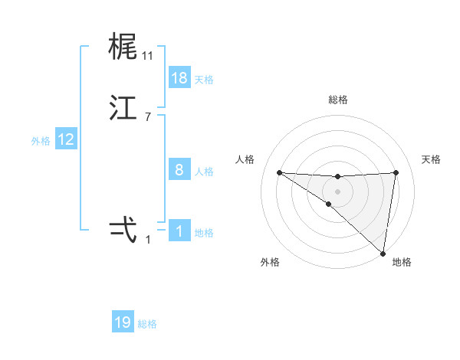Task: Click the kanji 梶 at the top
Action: point(123,47)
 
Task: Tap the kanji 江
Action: point(123,109)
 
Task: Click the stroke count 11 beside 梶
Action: point(148,56)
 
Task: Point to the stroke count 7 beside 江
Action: point(148,117)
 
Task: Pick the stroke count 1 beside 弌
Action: point(148,240)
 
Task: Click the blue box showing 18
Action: point(179,78)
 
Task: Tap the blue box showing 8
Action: point(179,170)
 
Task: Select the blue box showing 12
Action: point(66,139)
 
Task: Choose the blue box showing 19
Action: point(123,322)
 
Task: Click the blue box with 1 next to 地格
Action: point(179,231)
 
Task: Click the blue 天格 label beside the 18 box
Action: point(204,79)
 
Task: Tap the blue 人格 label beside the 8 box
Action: point(204,171)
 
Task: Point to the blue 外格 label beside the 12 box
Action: point(41,140)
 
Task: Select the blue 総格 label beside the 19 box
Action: point(147,323)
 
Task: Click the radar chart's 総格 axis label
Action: point(337,100)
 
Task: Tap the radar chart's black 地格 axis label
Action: point(402,262)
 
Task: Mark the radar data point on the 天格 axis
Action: point(396,172)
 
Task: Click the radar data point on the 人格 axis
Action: point(279,172)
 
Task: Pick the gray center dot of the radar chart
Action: point(337,191)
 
